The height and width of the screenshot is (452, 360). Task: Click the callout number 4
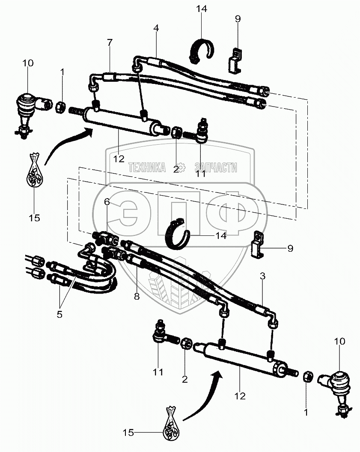(156, 29)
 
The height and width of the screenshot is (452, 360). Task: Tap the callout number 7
(110, 42)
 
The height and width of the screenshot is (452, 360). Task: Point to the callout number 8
(137, 296)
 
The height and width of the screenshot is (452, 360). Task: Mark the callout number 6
(107, 202)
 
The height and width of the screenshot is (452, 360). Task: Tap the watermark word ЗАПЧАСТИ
(215, 168)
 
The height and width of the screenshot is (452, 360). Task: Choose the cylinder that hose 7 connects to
(120, 120)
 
